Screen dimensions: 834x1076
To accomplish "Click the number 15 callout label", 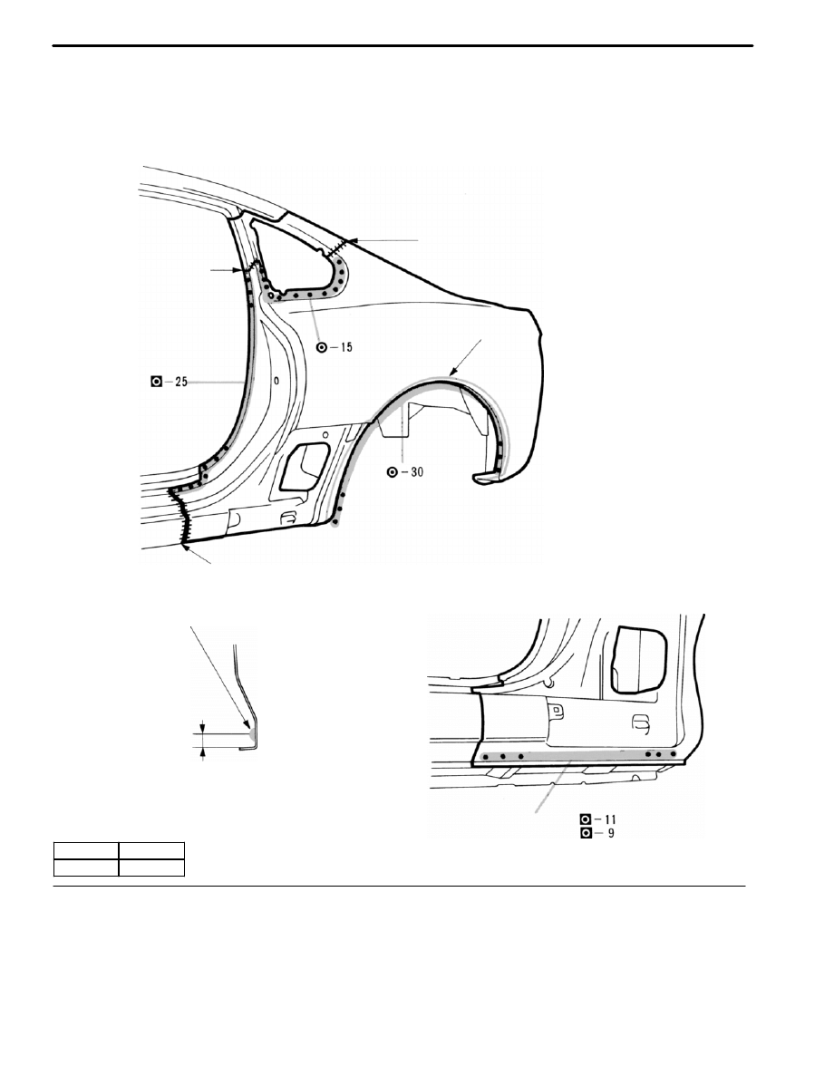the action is tap(345, 347).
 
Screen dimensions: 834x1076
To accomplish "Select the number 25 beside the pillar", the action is tap(180, 382).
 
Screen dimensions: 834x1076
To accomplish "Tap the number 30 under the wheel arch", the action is tap(417, 472).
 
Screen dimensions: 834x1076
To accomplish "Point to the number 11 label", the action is tap(610, 819).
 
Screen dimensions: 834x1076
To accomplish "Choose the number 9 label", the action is tap(610, 834).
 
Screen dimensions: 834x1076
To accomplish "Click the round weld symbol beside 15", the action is tap(321, 347).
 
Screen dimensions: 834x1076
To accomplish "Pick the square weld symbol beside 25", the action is tap(157, 382).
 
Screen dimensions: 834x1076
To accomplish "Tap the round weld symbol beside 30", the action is tap(392, 472).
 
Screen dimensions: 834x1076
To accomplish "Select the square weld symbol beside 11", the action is tap(586, 819).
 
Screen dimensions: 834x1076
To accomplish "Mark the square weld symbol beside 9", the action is tap(586, 834).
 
